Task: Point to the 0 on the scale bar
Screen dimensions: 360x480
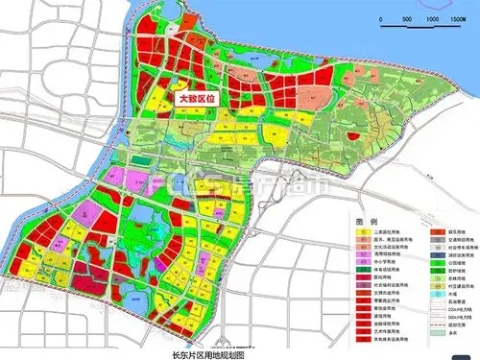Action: [374, 18]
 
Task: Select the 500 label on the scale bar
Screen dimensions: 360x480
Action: [407, 18]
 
